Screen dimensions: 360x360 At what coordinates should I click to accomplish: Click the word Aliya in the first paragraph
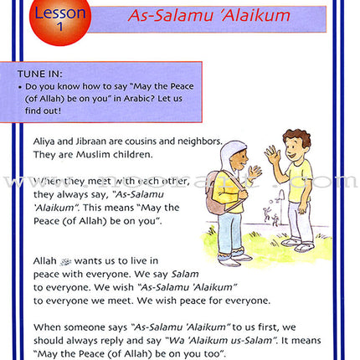click(x=47, y=143)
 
